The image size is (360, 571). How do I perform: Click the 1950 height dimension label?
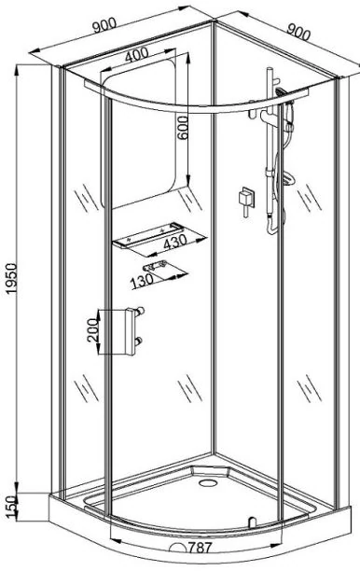tap(11, 278)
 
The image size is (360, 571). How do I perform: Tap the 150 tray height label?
tap(11, 506)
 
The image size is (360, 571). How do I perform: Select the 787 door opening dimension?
tap(200, 548)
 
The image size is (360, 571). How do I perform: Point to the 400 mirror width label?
tap(136, 55)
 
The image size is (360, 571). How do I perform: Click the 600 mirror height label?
tap(183, 128)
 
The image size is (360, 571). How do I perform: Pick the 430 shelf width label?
tap(175, 243)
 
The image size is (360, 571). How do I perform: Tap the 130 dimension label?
tap(142, 281)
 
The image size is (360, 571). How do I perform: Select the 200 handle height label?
tap(93, 329)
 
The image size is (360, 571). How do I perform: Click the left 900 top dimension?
tap(104, 26)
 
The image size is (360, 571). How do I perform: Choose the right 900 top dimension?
tap(298, 32)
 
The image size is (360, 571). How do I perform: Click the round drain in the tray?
tap(208, 483)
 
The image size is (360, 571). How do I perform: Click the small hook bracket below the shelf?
tap(156, 266)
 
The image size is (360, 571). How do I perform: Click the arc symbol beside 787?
tap(179, 548)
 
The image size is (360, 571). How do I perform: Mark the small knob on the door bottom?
tap(251, 522)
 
